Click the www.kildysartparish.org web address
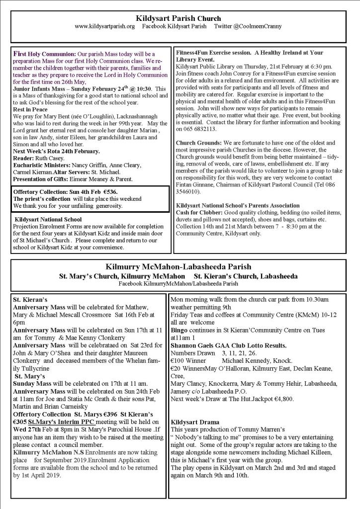(x=104, y=26)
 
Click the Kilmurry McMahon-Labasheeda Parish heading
(x=178, y=266)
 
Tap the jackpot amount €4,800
(x=282, y=398)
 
